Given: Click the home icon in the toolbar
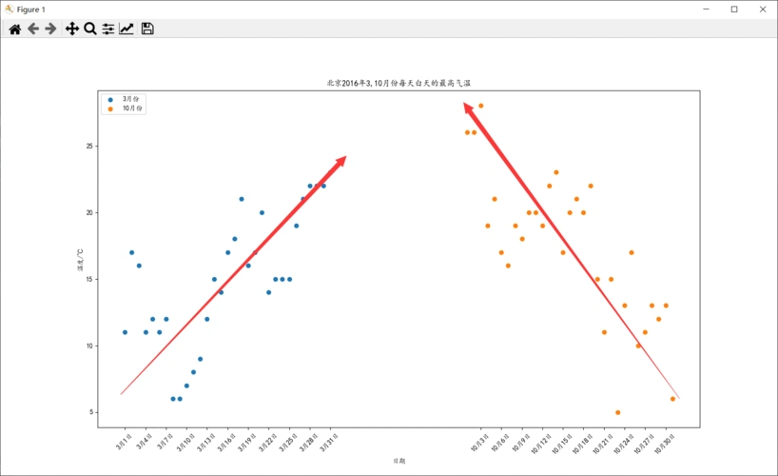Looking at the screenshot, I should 15,30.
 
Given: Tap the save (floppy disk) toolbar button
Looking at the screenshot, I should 147,30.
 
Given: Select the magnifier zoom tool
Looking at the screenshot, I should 90,30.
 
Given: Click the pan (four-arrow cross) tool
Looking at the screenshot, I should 71,30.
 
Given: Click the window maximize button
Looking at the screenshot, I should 733,9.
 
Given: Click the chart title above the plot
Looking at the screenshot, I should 399,84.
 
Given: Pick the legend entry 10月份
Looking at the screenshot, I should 132,109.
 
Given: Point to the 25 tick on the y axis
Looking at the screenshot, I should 90,146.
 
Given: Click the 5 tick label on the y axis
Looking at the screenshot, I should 92,412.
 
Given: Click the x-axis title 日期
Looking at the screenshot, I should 399,461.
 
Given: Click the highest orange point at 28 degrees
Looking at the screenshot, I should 480,106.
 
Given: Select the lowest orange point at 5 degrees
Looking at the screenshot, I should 617,412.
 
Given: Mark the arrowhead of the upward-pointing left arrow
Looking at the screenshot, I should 341,160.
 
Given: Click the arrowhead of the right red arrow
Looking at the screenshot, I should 468,108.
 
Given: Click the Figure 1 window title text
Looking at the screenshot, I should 30,9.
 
